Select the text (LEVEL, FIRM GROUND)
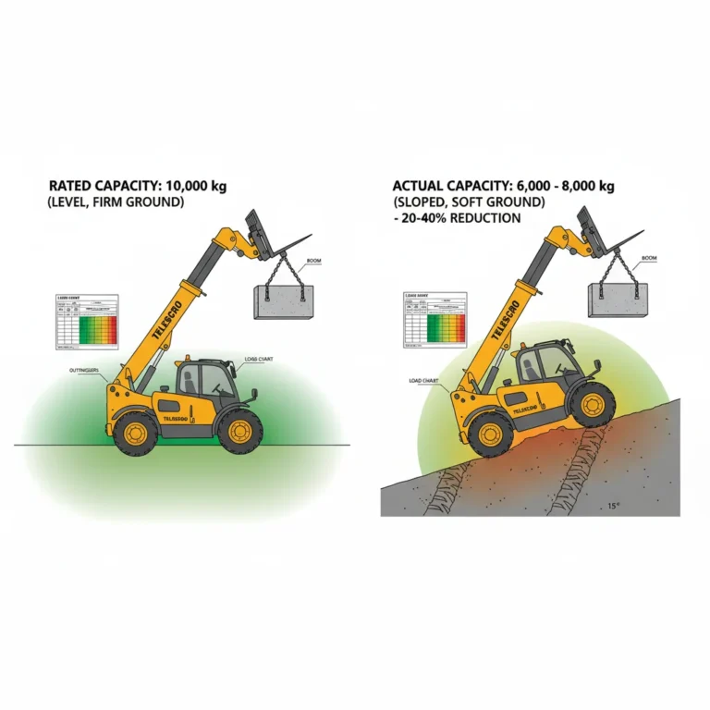coord(112,203)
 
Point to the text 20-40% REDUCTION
coord(461,218)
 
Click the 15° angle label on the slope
coord(612,506)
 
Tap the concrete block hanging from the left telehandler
coord(284,300)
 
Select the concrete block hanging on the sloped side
coord(618,300)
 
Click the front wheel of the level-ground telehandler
coord(239,430)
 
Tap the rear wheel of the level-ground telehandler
coord(137,433)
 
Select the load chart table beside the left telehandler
coord(87,322)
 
